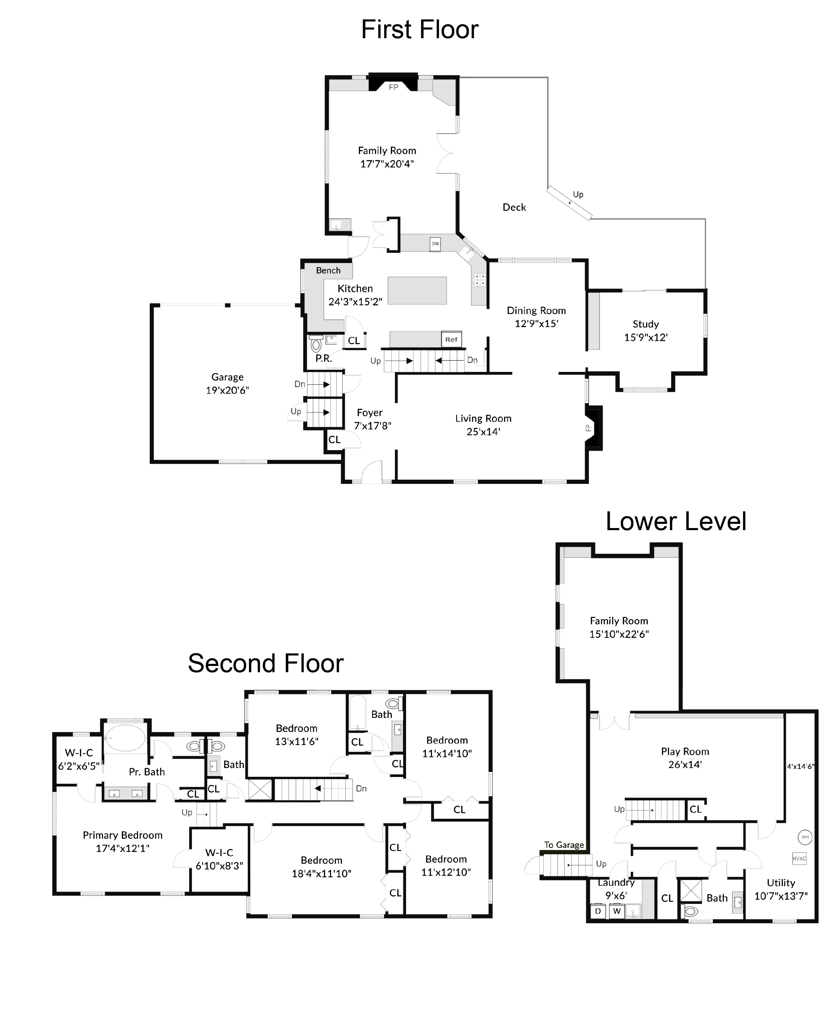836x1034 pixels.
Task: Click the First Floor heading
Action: tap(419, 30)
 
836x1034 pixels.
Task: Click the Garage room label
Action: tap(227, 377)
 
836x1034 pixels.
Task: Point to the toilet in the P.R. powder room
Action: tap(316, 345)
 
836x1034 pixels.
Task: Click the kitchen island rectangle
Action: tap(417, 290)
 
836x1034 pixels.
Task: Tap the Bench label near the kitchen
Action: tap(328, 270)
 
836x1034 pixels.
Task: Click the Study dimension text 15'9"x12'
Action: tap(646, 337)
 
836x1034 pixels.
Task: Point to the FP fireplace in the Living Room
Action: tap(593, 428)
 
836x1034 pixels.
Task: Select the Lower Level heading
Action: tap(676, 521)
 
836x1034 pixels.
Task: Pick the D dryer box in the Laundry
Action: tap(598, 911)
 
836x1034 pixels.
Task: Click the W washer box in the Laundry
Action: tap(617, 911)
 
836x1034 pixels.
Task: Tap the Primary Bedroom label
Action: tap(122, 835)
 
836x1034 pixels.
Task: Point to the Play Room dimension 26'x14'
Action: tap(685, 764)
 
